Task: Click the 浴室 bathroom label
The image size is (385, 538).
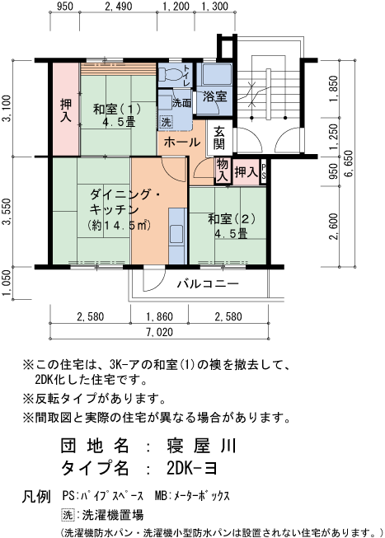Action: pyautogui.click(x=214, y=96)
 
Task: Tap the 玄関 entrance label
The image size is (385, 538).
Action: pyautogui.click(x=219, y=138)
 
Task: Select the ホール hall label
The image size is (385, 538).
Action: pyautogui.click(x=182, y=142)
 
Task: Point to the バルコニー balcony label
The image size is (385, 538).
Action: pyautogui.click(x=208, y=283)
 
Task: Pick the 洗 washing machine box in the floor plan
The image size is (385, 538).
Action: pyautogui.click(x=166, y=121)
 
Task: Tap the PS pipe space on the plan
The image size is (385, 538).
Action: pyautogui.click(x=264, y=171)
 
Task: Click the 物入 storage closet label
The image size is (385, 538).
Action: pyautogui.click(x=223, y=171)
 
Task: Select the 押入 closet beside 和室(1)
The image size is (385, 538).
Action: pyautogui.click(x=66, y=110)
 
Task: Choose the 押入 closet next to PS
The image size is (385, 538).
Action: pyautogui.click(x=246, y=171)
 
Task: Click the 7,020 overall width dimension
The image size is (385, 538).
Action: pyautogui.click(x=160, y=332)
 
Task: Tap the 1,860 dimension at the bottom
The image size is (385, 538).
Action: pyautogui.click(x=160, y=316)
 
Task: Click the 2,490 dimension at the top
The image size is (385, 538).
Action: pyautogui.click(x=119, y=6)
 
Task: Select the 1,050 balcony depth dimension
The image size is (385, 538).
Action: pyautogui.click(x=7, y=283)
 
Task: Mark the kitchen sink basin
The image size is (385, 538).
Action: pyautogui.click(x=177, y=234)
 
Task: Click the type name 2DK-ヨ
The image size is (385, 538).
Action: pyautogui.click(x=192, y=468)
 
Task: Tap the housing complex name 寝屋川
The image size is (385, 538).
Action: pyautogui.click(x=202, y=446)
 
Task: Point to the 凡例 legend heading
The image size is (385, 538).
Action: pyautogui.click(x=36, y=497)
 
